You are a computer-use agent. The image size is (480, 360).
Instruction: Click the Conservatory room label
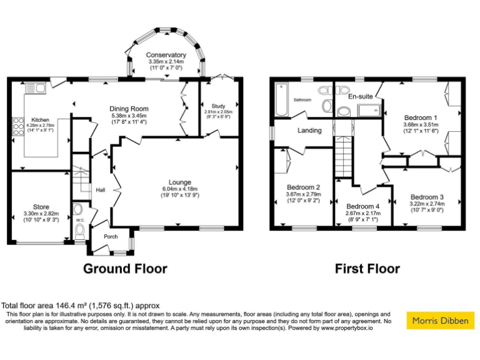click(x=166, y=55)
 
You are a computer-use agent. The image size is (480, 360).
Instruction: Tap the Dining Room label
click(x=128, y=107)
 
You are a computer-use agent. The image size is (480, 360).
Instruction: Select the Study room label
click(x=218, y=106)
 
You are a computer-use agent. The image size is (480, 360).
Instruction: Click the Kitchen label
click(x=41, y=119)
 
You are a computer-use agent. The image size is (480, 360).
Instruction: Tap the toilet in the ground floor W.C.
click(x=79, y=231)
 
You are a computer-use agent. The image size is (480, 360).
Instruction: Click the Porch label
click(x=111, y=236)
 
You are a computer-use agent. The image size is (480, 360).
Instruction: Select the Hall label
click(x=101, y=190)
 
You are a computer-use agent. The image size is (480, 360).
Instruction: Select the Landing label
click(x=309, y=131)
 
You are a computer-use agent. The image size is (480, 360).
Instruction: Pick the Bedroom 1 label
click(x=421, y=117)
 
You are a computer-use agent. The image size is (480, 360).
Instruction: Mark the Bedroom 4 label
click(x=363, y=207)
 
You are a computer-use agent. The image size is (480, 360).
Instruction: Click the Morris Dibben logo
click(x=440, y=321)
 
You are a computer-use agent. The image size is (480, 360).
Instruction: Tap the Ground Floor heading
click(x=126, y=269)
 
